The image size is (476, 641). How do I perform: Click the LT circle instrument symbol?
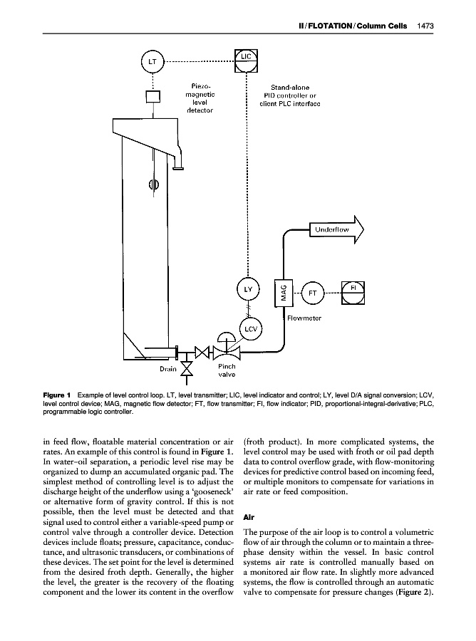(152, 62)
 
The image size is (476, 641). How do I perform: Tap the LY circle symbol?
(248, 291)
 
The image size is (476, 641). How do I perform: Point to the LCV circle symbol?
(249, 329)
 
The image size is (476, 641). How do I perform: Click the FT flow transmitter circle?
(312, 292)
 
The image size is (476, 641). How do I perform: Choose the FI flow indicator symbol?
(353, 291)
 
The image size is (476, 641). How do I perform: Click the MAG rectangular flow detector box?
(284, 292)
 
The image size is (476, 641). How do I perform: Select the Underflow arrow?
(335, 230)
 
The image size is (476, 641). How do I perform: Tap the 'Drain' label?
(167, 369)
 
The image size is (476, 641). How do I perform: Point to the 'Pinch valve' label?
(227, 370)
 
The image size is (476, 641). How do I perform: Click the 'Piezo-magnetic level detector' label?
(200, 98)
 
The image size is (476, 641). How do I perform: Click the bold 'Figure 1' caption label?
(57, 394)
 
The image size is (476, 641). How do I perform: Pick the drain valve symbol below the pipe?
(187, 369)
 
